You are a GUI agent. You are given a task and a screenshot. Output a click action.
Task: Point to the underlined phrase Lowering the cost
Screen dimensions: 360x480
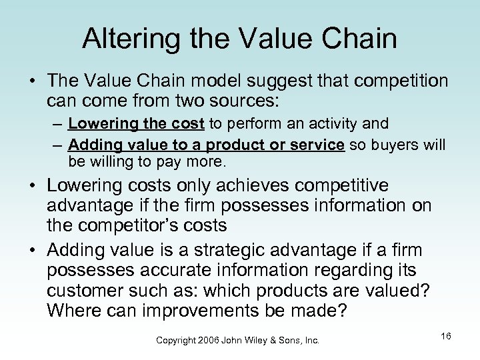[137, 123]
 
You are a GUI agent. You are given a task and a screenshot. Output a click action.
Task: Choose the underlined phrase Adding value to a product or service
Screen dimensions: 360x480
[206, 145]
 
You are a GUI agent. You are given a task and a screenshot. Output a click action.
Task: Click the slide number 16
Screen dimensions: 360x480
[446, 336]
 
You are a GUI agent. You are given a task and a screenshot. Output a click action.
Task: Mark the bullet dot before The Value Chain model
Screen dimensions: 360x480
[31, 81]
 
